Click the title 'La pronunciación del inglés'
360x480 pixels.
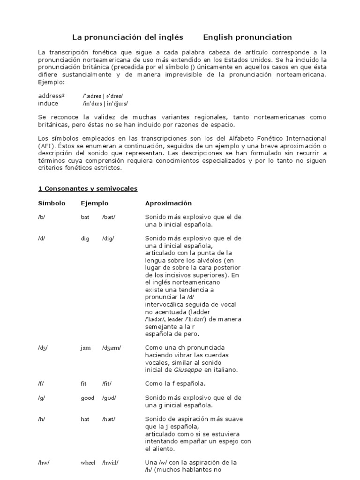127,37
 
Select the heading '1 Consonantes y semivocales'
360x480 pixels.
88,188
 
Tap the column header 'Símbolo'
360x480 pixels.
52,203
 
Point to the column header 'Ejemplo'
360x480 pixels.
94,203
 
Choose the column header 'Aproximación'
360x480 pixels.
168,203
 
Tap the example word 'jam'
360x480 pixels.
86,348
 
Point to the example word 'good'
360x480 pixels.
87,398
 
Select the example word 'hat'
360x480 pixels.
85,419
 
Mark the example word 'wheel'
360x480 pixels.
88,462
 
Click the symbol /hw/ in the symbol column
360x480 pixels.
44,462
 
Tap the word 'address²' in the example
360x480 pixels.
52,96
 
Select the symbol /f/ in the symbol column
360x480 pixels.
42,383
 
